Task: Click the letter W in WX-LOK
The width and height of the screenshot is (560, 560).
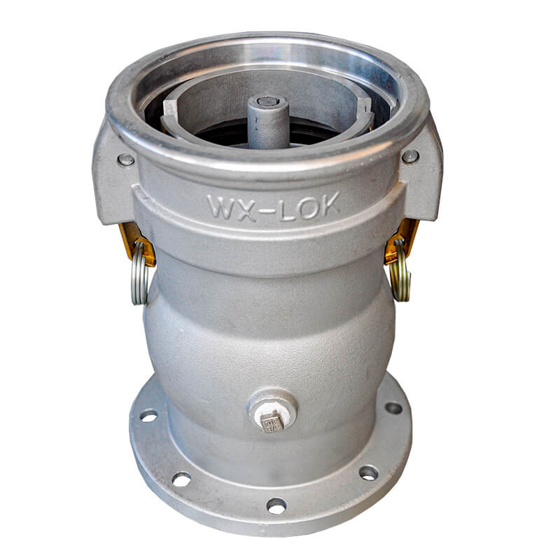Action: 220,206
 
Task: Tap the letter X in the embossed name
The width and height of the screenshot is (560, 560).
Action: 246,209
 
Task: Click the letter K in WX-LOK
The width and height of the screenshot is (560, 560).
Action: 329,204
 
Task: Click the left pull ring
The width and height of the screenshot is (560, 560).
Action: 139,272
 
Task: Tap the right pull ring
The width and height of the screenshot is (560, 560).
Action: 400,269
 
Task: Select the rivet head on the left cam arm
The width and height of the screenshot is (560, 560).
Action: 126,160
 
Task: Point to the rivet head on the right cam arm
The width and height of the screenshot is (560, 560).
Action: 410,156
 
